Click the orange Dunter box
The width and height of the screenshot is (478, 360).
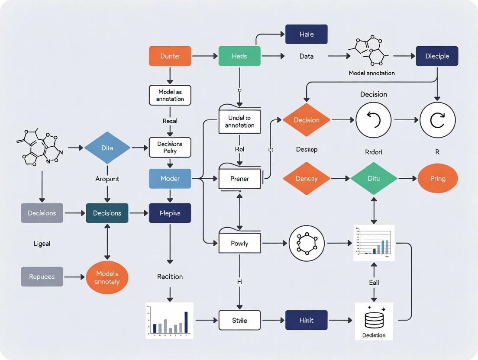click(170, 56)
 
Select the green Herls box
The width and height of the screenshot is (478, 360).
click(239, 56)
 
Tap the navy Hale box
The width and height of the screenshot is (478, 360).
click(306, 34)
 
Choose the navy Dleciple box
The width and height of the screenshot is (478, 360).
click(437, 56)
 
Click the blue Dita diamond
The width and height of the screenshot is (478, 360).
click(107, 148)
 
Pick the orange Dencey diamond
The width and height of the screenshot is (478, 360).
click(307, 178)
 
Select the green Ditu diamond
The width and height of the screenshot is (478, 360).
click(374, 178)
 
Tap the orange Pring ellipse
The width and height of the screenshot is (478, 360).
click(437, 178)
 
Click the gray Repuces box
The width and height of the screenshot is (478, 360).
click(42, 276)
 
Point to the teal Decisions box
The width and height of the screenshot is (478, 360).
click(107, 213)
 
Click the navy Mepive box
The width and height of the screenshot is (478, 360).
click(170, 213)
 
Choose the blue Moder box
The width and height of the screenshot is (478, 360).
click(170, 178)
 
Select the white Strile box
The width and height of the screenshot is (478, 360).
click(239, 320)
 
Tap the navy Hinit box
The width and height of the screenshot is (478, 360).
click(306, 320)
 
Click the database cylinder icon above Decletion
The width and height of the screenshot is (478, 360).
click(374, 320)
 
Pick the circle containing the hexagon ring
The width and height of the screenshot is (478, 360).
click(307, 243)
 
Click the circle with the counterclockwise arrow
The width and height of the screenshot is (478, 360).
click(373, 120)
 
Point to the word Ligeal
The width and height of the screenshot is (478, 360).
click(42, 244)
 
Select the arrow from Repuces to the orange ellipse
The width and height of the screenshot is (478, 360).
click(74, 276)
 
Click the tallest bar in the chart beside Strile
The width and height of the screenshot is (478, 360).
click(186, 323)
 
